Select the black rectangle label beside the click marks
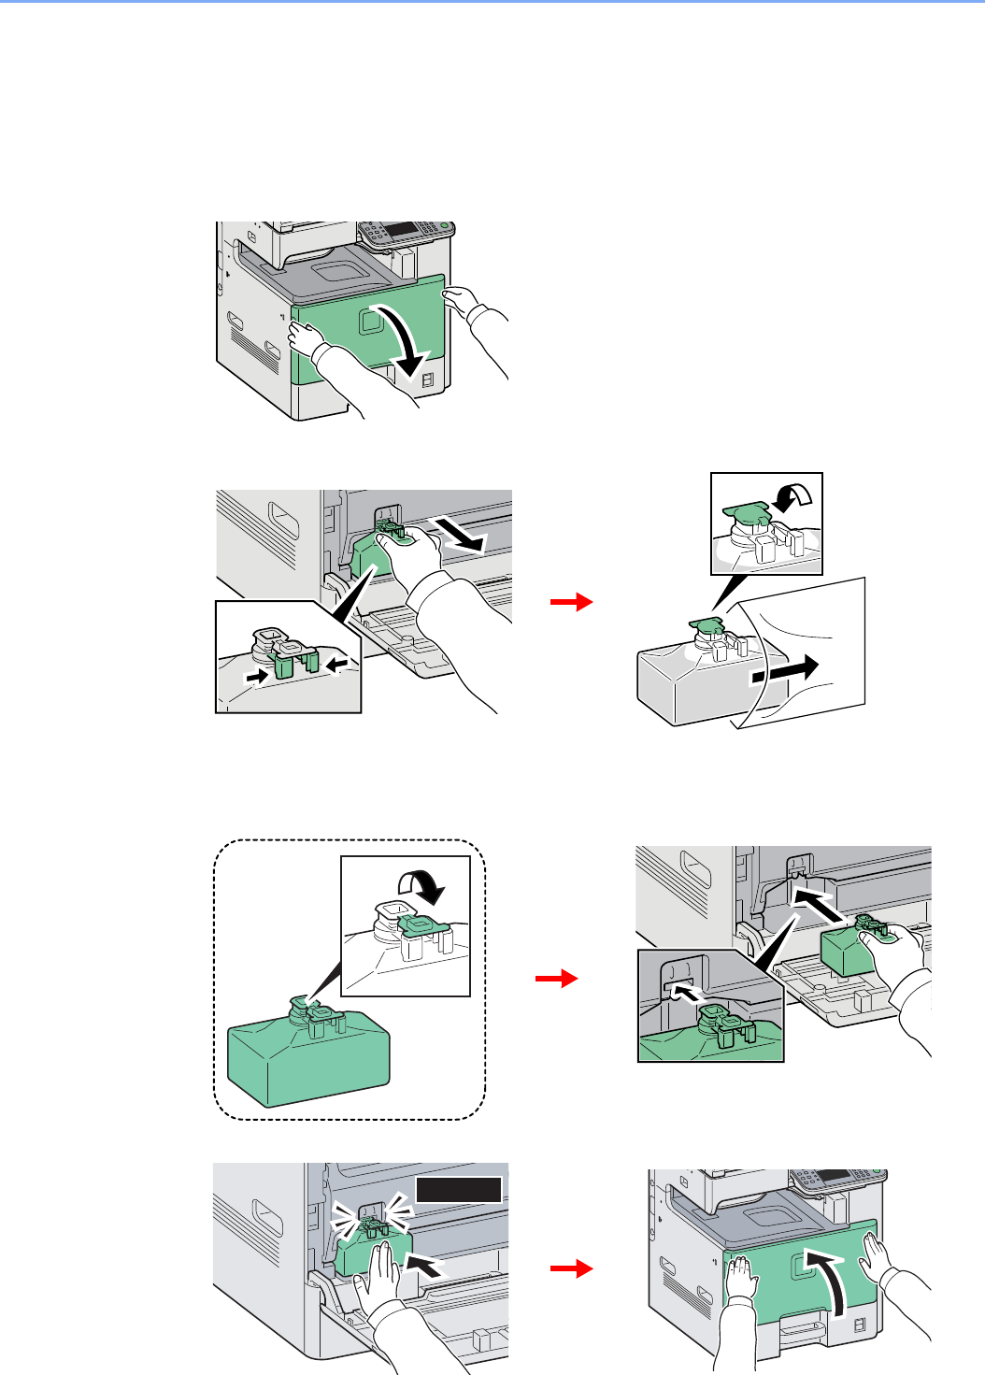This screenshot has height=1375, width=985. [x=459, y=1189]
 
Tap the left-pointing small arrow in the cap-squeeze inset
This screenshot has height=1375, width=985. [x=340, y=664]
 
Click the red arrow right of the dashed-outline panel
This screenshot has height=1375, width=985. [x=557, y=979]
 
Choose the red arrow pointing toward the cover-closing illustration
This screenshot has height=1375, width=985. [x=572, y=1268]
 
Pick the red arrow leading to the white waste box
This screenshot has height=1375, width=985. [x=572, y=603]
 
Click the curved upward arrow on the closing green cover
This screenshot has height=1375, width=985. [x=836, y=1285]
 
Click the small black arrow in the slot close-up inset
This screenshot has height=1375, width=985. [x=686, y=989]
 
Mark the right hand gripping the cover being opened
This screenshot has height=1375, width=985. [x=460, y=300]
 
